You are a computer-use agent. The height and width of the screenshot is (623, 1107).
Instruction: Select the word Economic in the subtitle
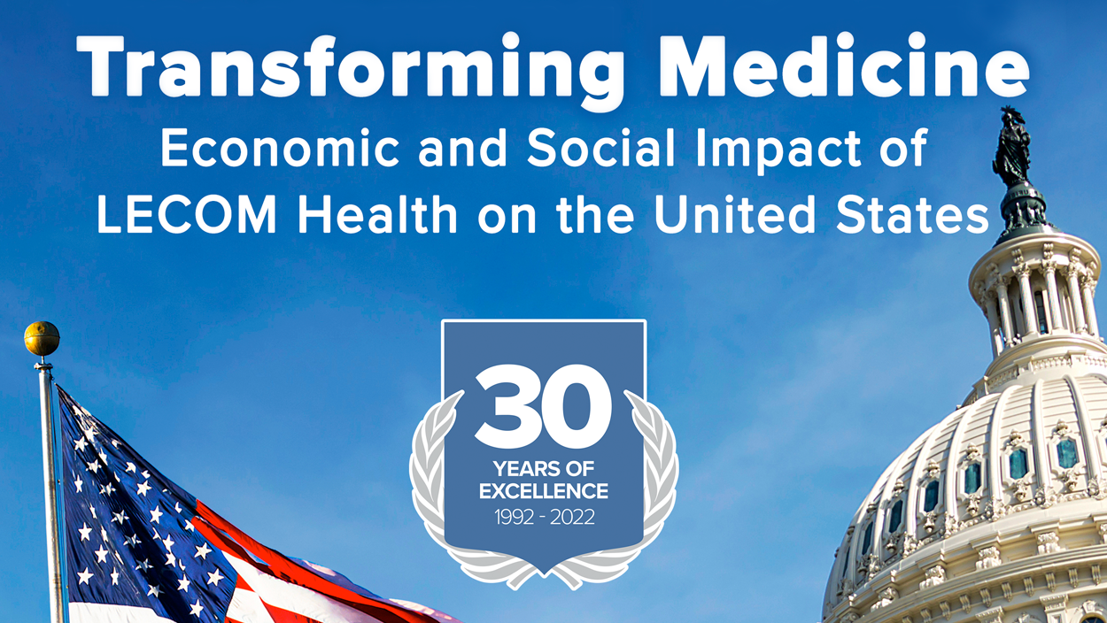(280, 148)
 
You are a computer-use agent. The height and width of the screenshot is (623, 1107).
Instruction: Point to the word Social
(601, 148)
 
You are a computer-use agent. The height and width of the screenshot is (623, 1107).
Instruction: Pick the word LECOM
(186, 215)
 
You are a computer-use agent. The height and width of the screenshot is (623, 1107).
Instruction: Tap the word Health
(378, 214)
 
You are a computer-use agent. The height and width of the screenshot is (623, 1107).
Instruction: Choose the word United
(734, 214)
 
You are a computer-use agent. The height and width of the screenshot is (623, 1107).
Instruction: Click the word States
(912, 215)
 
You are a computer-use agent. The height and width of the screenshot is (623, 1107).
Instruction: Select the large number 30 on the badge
(543, 406)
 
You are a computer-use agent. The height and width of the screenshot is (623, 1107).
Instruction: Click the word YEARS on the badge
(525, 468)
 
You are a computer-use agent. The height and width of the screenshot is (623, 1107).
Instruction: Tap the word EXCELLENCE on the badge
(544, 491)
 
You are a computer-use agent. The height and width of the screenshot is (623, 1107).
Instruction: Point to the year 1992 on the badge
(515, 518)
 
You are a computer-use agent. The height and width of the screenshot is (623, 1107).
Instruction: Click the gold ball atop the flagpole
(42, 339)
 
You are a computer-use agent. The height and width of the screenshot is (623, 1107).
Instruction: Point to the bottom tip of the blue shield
(544, 573)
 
